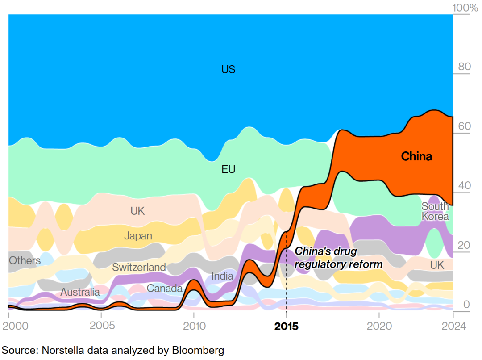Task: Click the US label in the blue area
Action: click(228, 70)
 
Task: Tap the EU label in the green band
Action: click(228, 169)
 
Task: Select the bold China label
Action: click(416, 156)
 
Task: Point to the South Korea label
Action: click(435, 211)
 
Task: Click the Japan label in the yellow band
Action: click(138, 235)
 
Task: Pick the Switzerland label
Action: click(139, 268)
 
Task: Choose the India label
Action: click(222, 276)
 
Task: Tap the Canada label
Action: click(165, 289)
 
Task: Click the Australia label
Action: click(80, 293)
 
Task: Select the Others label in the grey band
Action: click(25, 260)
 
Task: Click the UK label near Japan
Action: click(138, 211)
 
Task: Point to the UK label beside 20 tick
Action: click(437, 265)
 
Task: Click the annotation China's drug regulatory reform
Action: click(339, 258)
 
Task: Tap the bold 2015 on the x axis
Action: click(286, 327)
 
